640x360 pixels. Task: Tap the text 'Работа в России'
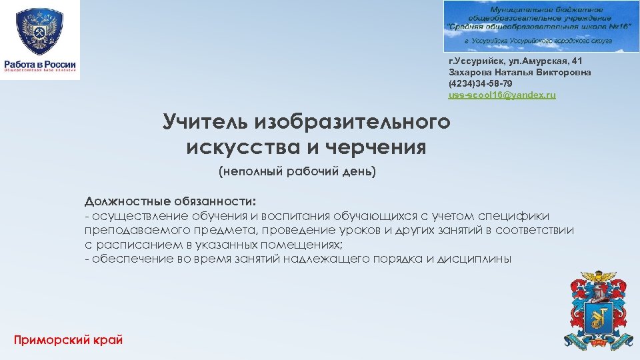point(41,64)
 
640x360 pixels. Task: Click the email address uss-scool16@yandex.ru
point(501,95)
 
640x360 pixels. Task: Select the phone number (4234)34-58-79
point(480,84)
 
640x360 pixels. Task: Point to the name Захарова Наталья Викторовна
point(519,72)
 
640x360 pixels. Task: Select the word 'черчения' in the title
point(379,147)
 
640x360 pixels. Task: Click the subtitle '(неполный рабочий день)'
point(297,172)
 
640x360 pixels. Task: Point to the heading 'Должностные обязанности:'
point(170,201)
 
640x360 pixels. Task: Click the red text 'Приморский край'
point(68,339)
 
